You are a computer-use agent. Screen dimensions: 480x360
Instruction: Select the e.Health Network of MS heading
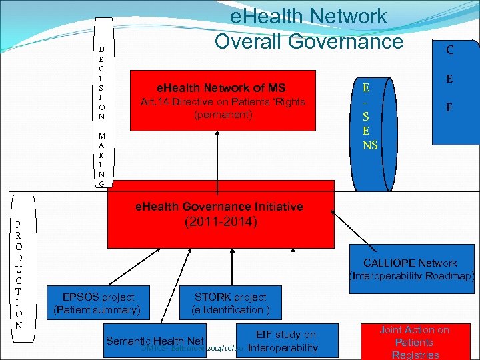[220, 88]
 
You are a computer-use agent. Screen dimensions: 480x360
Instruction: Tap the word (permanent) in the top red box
[223, 115]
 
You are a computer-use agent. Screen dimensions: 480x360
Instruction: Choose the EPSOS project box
[97, 303]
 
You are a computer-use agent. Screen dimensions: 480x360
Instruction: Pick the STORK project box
[230, 303]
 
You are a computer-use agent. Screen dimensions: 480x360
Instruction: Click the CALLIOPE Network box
[410, 269]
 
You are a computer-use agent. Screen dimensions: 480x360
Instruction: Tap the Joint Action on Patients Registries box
[414, 342]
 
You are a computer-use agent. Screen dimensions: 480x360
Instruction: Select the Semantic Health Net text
[155, 341]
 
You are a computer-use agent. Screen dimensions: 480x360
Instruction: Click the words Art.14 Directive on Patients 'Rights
[222, 102]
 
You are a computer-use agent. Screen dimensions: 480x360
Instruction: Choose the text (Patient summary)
[97, 310]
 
